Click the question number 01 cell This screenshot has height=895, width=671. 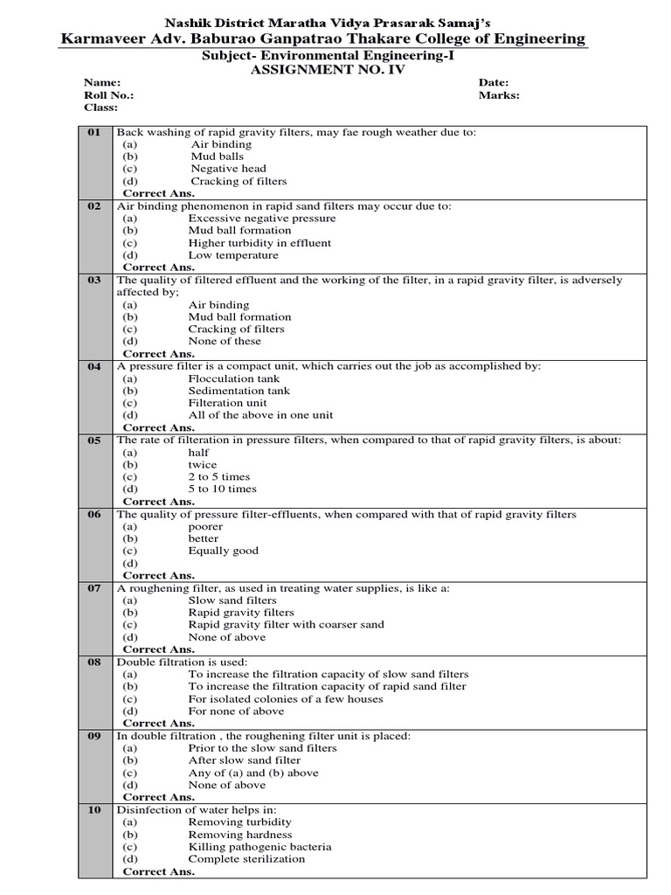pyautogui.click(x=94, y=132)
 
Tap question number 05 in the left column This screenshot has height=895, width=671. pyautogui.click(x=94, y=441)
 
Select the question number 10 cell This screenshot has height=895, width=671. pyautogui.click(x=94, y=810)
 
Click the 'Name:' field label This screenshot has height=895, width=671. pyautogui.click(x=100, y=82)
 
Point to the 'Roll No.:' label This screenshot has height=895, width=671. pyautogui.click(x=109, y=95)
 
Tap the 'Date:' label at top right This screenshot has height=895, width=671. pyautogui.click(x=494, y=82)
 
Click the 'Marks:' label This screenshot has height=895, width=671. pyautogui.click(x=499, y=95)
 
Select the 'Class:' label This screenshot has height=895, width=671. pyautogui.click(x=100, y=108)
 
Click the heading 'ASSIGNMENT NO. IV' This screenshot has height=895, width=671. pyautogui.click(x=328, y=69)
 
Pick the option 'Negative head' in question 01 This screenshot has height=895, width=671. pyautogui.click(x=229, y=169)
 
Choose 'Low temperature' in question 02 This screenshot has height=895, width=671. pyautogui.click(x=233, y=255)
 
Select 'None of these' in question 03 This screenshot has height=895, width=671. pyautogui.click(x=225, y=342)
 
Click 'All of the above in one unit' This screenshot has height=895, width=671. pyautogui.click(x=260, y=415)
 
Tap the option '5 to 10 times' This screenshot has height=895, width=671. pyautogui.click(x=223, y=489)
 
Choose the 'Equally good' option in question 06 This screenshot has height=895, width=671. pyautogui.click(x=224, y=551)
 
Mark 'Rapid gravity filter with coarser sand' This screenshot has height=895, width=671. pyautogui.click(x=286, y=625)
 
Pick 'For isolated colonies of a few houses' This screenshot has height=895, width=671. pyautogui.click(x=286, y=699)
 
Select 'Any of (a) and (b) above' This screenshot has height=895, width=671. pyautogui.click(x=253, y=773)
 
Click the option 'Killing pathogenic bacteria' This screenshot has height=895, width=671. pyautogui.click(x=260, y=847)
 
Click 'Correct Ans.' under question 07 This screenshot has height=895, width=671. pyautogui.click(x=159, y=649)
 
